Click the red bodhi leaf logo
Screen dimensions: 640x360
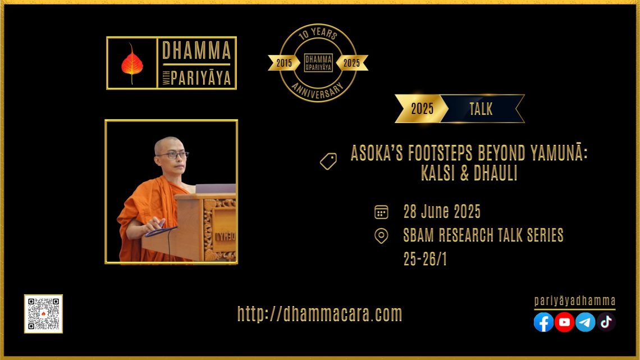pyautogui.click(x=132, y=63)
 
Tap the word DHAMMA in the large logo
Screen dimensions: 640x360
pyautogui.click(x=196, y=51)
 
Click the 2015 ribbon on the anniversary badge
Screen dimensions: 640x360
pyautogui.click(x=284, y=63)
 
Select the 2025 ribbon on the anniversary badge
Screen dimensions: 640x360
pyautogui.click(x=352, y=63)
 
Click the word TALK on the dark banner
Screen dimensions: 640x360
pyautogui.click(x=481, y=109)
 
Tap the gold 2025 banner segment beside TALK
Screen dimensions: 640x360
pyautogui.click(x=422, y=108)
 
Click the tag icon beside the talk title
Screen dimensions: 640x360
pyautogui.click(x=328, y=161)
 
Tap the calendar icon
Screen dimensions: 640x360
pyautogui.click(x=381, y=212)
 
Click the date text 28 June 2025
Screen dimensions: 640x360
pyautogui.click(x=442, y=212)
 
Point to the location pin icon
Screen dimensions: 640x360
pyautogui.click(x=381, y=236)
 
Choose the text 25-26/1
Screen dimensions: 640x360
pyautogui.click(x=426, y=259)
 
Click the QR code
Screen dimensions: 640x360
pyautogui.click(x=43, y=314)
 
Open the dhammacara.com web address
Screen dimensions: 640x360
pyautogui.click(x=320, y=314)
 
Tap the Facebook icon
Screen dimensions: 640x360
pyautogui.click(x=543, y=322)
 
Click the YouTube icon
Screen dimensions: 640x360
pyautogui.click(x=564, y=322)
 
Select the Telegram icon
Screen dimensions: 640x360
pyautogui.click(x=586, y=322)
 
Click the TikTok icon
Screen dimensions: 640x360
pyautogui.click(x=606, y=322)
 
